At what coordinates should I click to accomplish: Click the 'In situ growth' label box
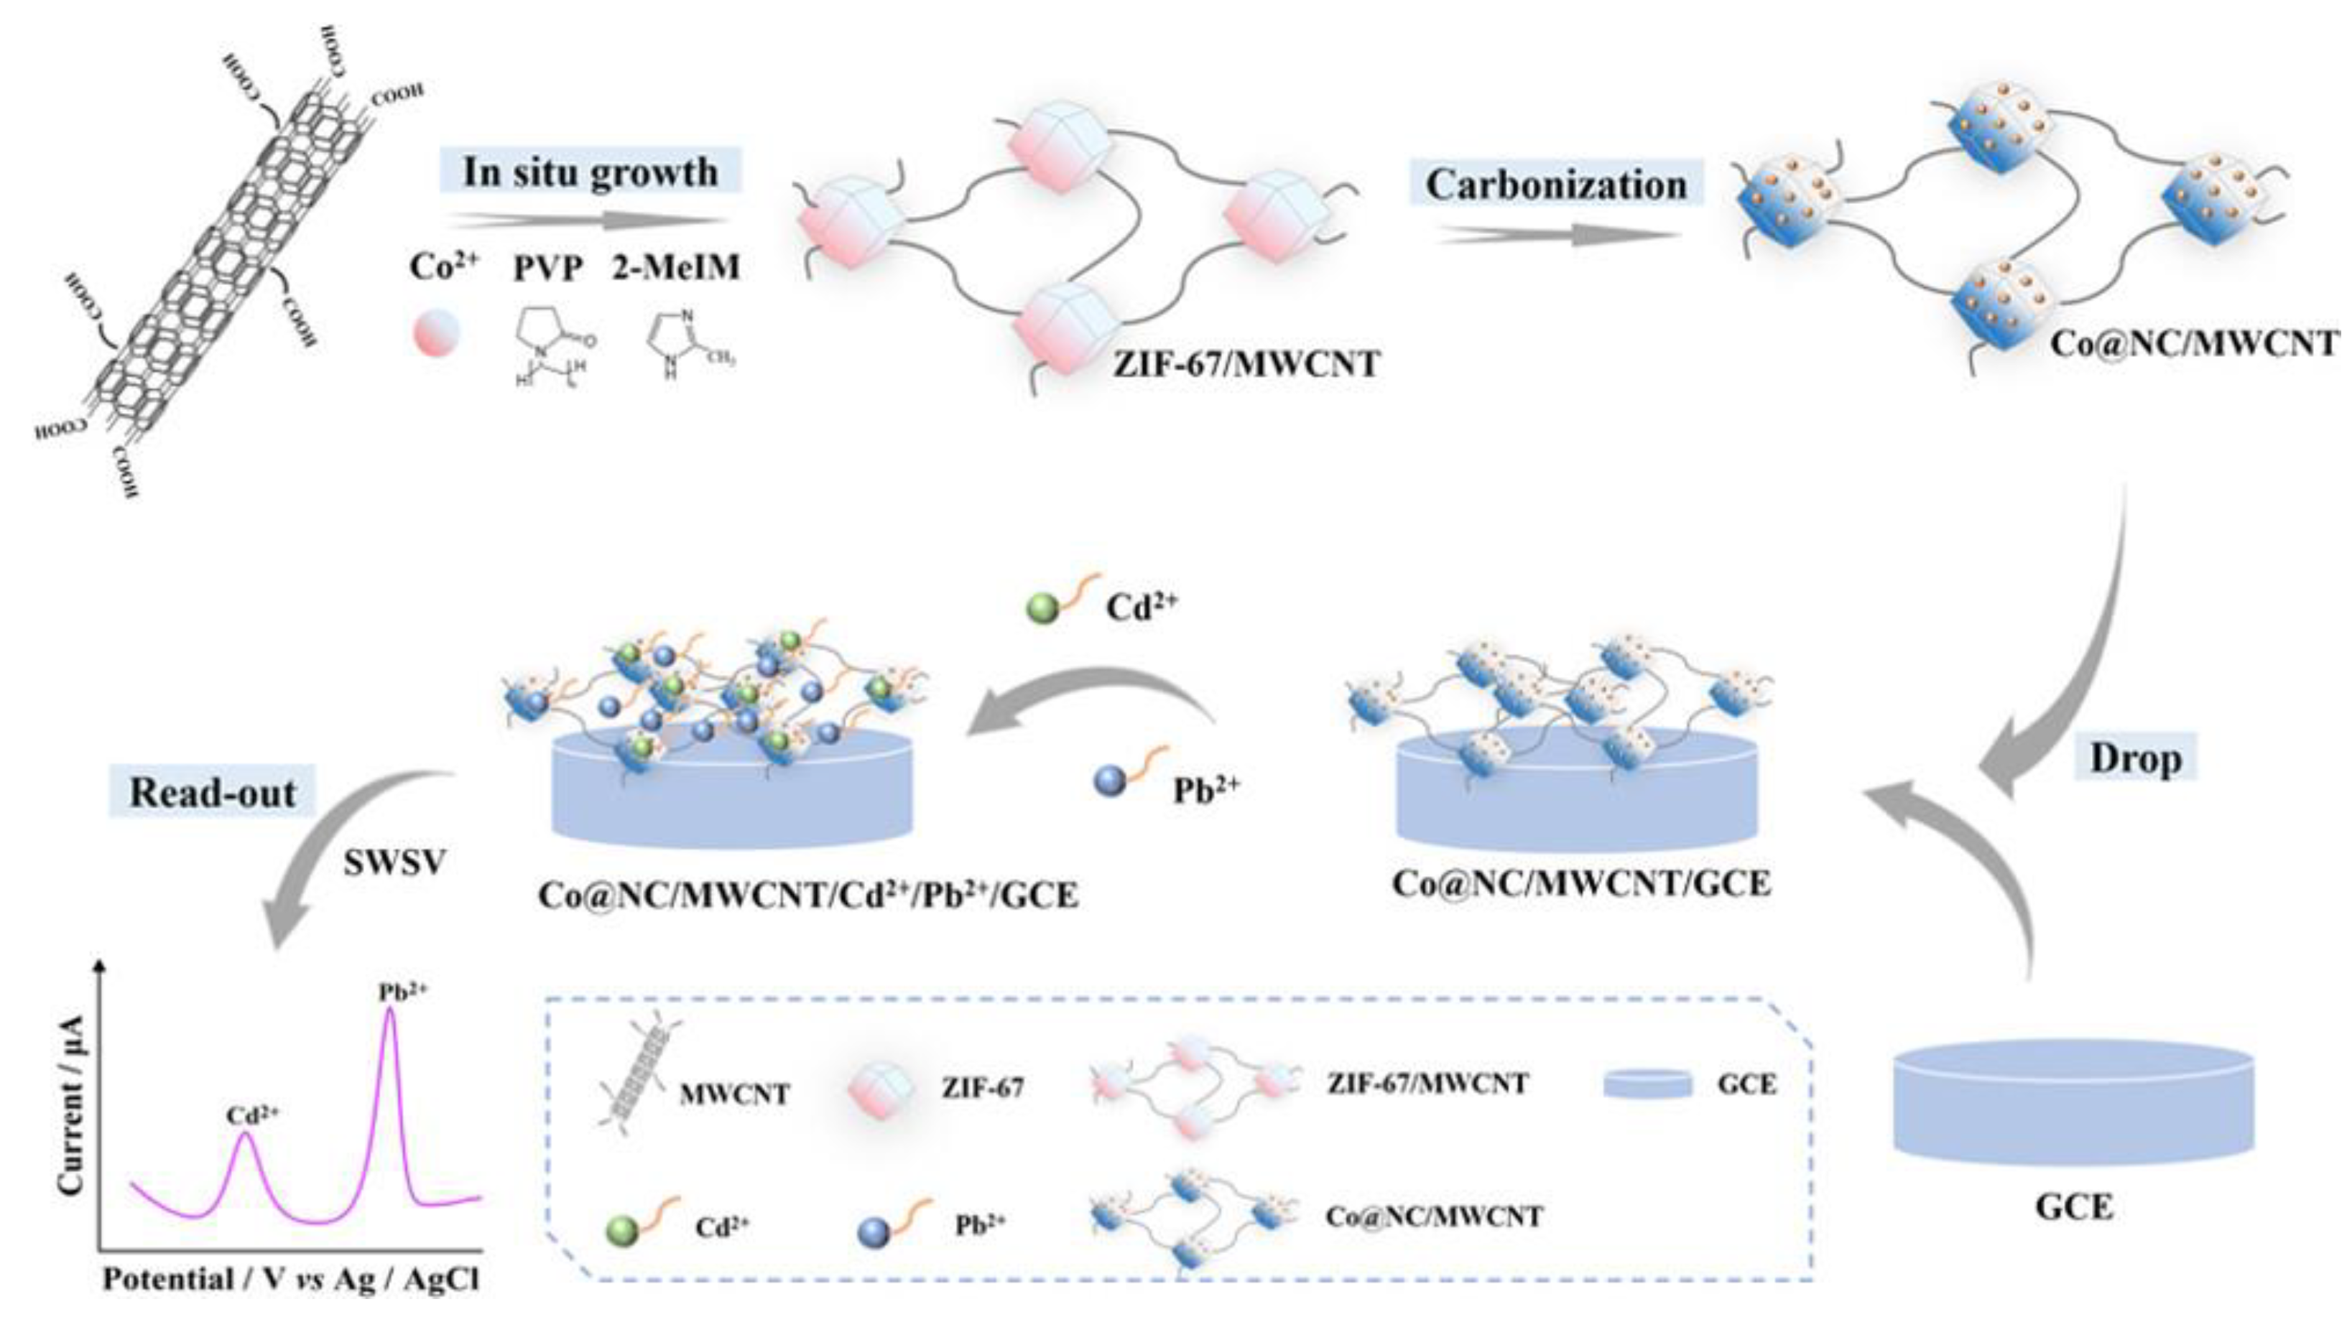590,172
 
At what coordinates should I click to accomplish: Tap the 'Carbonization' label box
1556,185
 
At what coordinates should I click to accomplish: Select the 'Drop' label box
2136,758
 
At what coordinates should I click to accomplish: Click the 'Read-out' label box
212,792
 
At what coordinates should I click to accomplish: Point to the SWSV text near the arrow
394,862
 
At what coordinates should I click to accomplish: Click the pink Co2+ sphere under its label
437,333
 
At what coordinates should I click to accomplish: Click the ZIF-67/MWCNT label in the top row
1246,364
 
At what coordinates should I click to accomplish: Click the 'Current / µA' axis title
70,1104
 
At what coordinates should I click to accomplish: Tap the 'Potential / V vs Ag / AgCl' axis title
290,1280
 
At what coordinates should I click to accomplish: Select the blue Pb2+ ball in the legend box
874,1234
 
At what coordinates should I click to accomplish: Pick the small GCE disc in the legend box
1648,1084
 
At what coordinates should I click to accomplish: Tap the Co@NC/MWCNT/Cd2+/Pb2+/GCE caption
808,895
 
